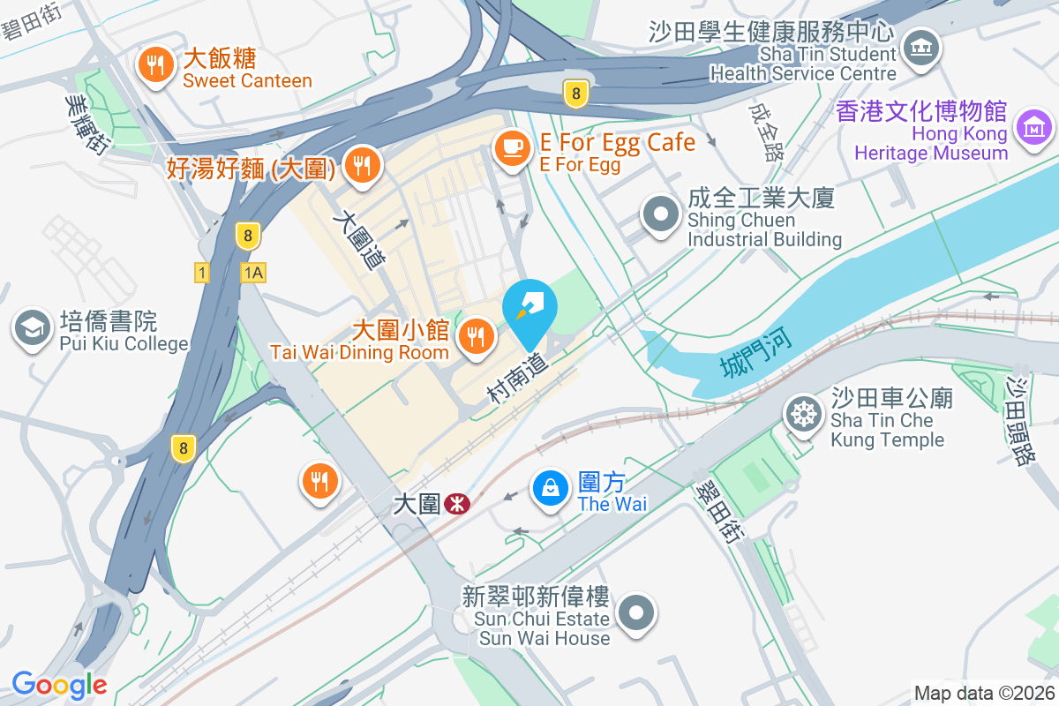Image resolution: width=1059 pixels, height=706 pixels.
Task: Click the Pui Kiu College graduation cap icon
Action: tap(33, 328)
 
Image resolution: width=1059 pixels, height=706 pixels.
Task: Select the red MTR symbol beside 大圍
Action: tap(457, 504)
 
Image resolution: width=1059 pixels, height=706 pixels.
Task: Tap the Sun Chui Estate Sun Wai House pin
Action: tap(636, 612)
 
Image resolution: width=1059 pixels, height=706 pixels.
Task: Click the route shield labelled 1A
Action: tap(252, 273)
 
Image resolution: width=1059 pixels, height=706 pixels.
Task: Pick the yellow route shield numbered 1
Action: tap(203, 273)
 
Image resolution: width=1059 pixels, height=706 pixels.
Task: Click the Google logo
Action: tap(59, 684)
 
